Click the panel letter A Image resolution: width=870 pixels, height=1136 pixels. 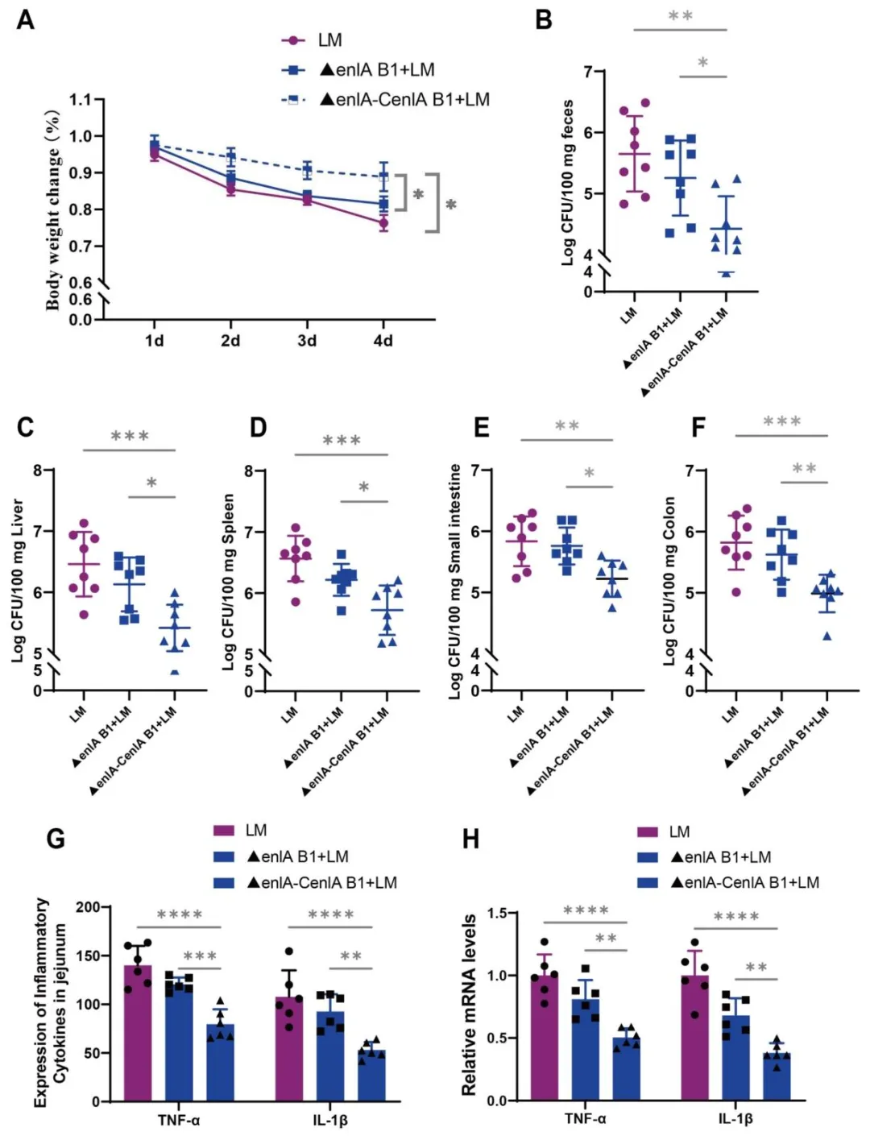[x=26, y=19]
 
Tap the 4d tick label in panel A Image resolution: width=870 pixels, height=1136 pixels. [x=383, y=341]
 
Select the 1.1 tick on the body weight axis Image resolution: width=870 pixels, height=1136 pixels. [x=81, y=100]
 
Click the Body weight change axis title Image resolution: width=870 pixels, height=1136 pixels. [x=53, y=209]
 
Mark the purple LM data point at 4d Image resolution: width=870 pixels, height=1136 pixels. [x=383, y=223]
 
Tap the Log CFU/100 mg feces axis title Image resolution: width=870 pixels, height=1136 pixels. [x=567, y=182]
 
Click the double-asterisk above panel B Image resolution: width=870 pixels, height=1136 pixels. [x=680, y=17]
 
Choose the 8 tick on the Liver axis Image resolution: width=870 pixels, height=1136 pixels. [x=38, y=471]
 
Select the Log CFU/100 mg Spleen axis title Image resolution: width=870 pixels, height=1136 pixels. [x=229, y=582]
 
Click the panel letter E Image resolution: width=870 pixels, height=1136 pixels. [x=481, y=427]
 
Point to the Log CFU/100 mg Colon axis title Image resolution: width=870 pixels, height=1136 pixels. [x=669, y=580]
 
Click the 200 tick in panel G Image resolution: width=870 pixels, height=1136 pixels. [x=88, y=907]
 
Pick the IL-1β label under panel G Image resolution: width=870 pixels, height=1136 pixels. [x=330, y=1120]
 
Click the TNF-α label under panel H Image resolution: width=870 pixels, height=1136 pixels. [x=585, y=1119]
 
